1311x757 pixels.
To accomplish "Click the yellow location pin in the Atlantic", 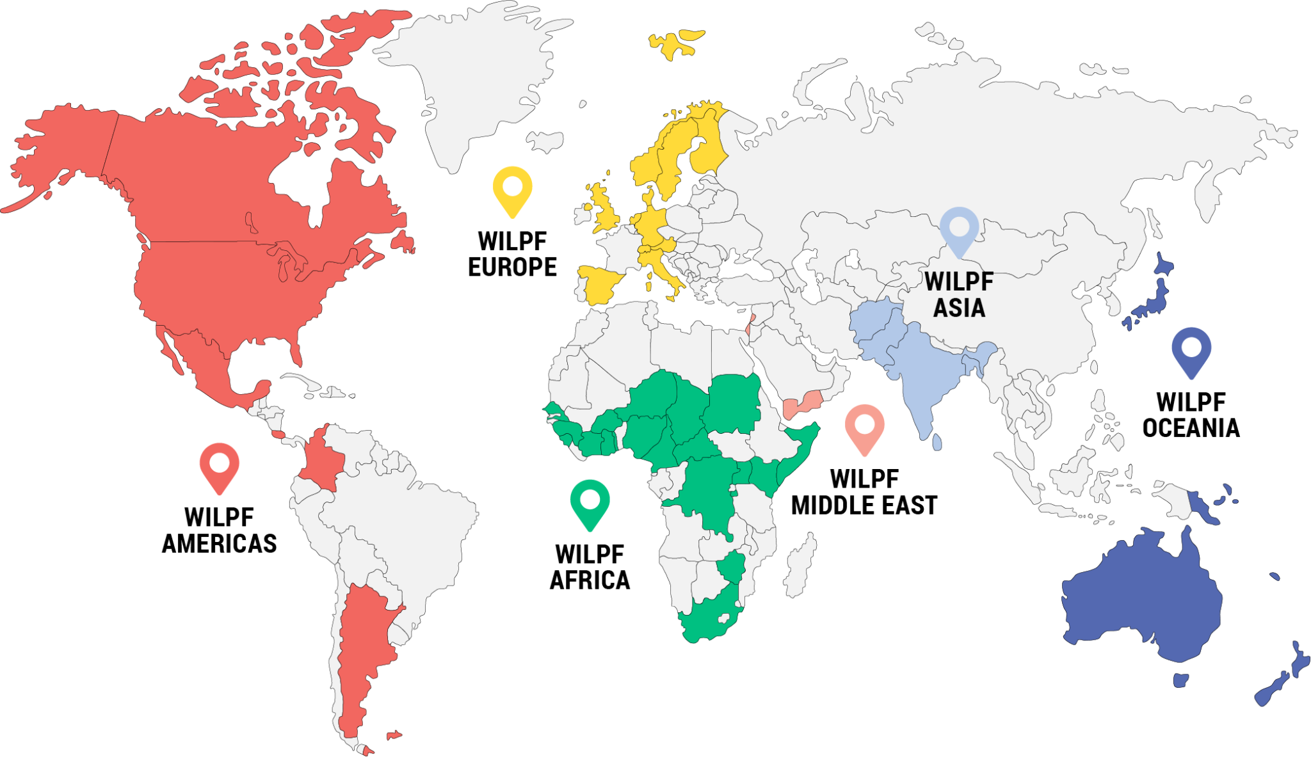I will [512, 189].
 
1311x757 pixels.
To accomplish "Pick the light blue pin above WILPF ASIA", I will [959, 229].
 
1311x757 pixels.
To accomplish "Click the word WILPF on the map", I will [958, 281].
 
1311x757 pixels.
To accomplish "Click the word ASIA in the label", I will [958, 308].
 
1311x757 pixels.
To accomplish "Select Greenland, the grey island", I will [480, 77].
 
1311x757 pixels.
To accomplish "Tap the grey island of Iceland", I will [545, 142].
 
